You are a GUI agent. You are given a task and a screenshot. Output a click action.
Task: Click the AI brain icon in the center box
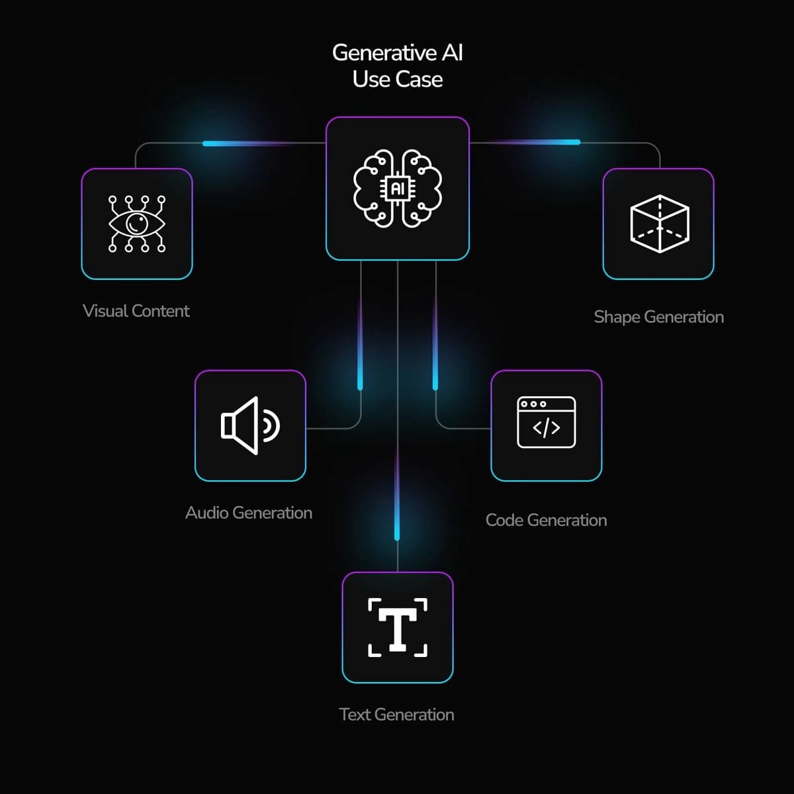(x=398, y=189)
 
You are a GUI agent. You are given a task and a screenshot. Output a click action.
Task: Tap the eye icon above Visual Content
(x=137, y=224)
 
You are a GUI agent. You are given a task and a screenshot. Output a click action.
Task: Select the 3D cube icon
(x=659, y=224)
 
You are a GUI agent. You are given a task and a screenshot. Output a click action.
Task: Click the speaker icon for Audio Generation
(x=250, y=425)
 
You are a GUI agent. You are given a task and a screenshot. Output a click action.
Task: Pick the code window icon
(x=546, y=422)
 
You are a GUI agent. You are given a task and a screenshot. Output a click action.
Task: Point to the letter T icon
(x=398, y=627)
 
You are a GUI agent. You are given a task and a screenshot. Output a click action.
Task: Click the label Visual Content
(x=136, y=311)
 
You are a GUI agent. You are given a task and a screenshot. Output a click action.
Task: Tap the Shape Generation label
(x=658, y=317)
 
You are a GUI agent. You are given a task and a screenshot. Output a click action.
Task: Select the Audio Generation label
(x=249, y=513)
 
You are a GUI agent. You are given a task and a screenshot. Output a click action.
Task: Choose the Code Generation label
(x=546, y=520)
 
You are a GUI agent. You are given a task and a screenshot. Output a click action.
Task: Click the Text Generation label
(x=396, y=715)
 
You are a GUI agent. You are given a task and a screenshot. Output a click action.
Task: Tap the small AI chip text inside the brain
(x=398, y=189)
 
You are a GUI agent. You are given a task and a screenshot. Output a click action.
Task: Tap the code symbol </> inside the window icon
(x=546, y=428)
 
